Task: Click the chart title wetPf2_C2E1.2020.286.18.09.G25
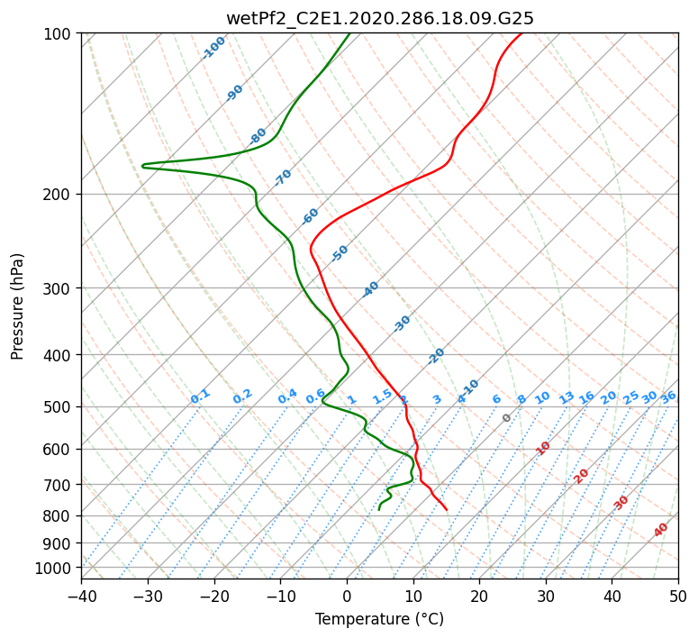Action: click(379, 18)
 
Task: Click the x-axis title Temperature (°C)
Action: click(379, 620)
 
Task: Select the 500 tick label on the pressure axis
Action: click(59, 407)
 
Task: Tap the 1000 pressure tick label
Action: click(55, 569)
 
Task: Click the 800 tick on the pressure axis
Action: click(59, 516)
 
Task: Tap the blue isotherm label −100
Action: click(214, 48)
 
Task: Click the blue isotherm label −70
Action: click(283, 178)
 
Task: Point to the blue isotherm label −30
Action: click(402, 324)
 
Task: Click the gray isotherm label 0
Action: click(507, 418)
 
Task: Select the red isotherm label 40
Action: click(661, 530)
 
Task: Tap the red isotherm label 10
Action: click(543, 448)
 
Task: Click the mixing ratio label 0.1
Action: click(200, 396)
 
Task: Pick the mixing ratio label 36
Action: click(668, 396)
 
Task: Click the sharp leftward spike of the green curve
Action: click(143, 165)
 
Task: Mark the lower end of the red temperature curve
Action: click(447, 510)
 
